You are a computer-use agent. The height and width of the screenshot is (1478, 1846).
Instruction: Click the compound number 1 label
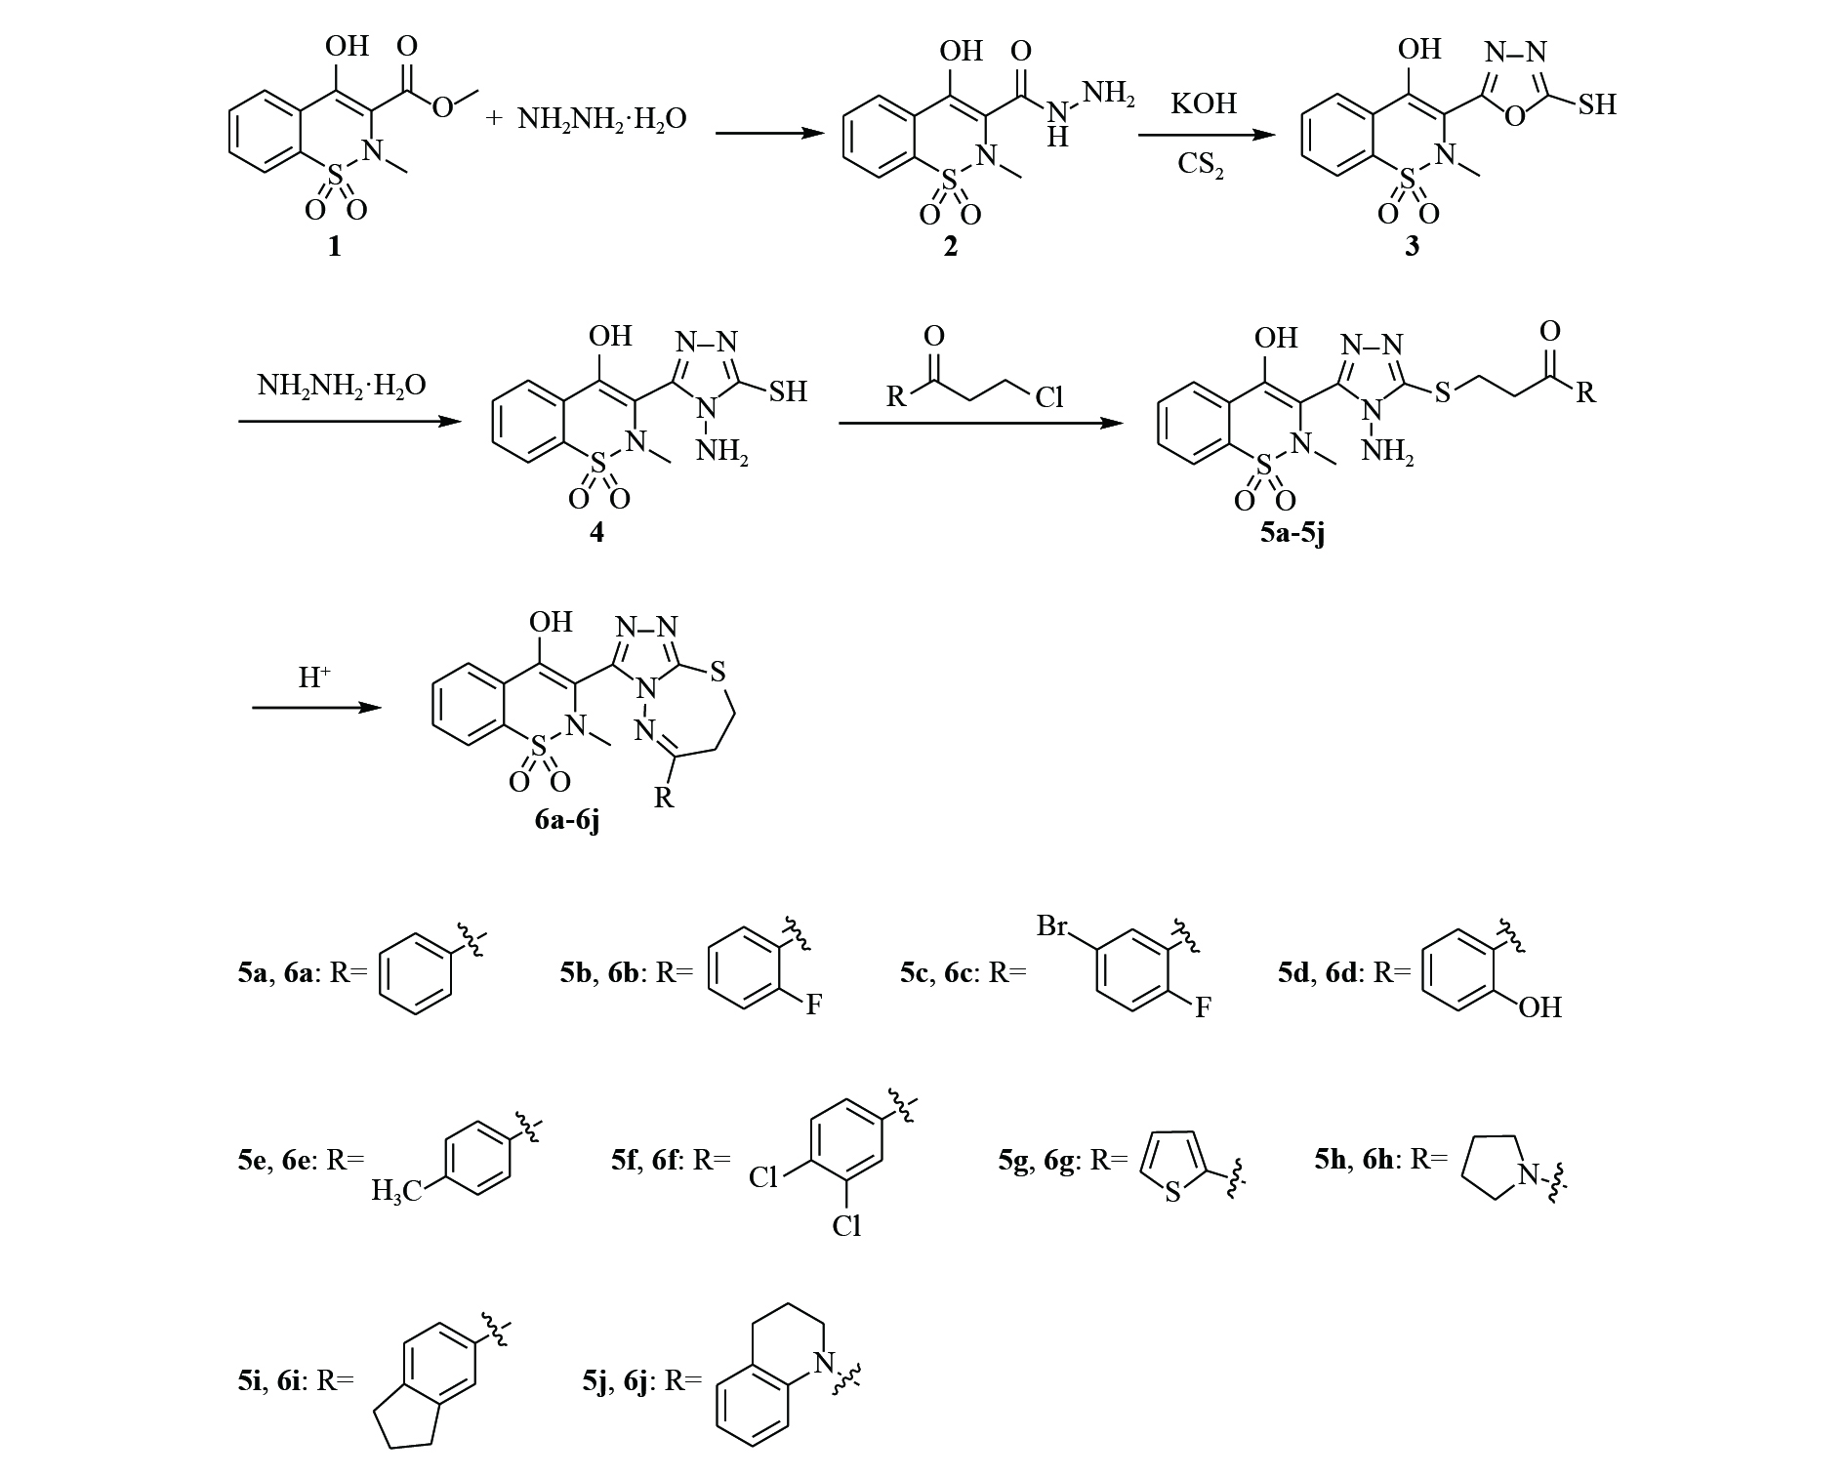point(335,246)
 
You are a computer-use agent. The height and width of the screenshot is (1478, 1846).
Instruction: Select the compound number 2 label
point(949,246)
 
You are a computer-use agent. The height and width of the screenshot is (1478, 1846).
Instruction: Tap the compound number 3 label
point(1412,246)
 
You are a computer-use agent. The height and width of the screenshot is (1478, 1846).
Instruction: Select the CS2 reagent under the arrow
point(1202,163)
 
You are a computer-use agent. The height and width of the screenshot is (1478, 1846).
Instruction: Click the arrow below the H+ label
point(315,707)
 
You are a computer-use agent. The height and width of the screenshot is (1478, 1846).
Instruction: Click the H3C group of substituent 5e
point(396,1191)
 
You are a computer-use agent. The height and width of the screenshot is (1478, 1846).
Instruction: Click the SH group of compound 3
point(1596,104)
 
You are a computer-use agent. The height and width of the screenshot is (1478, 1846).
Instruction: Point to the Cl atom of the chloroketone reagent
point(1048,397)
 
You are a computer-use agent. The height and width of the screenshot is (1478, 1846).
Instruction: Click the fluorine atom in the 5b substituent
point(813,1006)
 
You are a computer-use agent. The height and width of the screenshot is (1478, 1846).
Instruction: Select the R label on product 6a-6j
point(663,798)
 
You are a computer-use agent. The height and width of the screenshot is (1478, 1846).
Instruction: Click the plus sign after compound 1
point(494,118)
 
